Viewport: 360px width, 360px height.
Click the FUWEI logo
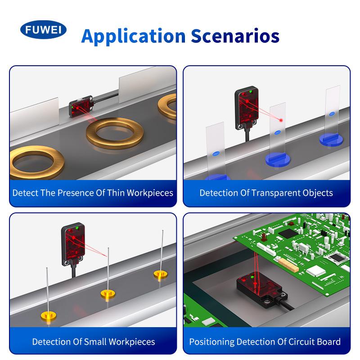pos(43,30)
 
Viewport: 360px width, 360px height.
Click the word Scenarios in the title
pos(235,36)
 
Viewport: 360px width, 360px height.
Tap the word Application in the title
pos(133,37)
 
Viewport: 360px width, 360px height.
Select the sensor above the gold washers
pos(81,107)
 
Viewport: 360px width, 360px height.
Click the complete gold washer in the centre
pos(115,133)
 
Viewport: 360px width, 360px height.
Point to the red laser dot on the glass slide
pos(280,120)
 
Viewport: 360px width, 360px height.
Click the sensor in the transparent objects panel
pos(246,108)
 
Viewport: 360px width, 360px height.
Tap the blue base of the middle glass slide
pos(278,159)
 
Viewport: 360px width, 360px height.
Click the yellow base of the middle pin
pos(108,294)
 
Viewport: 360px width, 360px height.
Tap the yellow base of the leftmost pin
pos(49,316)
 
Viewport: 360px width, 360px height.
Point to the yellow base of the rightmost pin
pos(161,274)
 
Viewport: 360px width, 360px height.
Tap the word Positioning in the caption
pos(211,342)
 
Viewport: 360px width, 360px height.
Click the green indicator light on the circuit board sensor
pos(252,277)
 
